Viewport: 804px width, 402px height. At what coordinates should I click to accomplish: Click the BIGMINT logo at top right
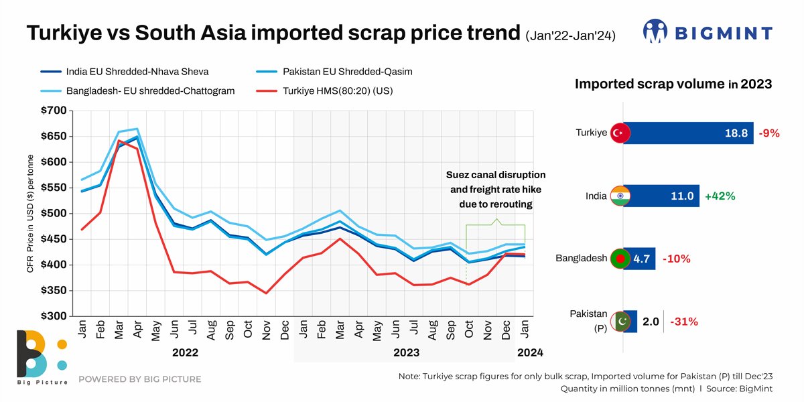point(708,31)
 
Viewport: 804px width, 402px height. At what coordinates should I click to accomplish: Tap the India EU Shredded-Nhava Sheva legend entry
point(138,71)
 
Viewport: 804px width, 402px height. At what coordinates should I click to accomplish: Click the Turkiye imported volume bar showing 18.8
point(688,133)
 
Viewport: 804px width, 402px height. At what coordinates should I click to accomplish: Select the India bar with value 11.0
point(661,196)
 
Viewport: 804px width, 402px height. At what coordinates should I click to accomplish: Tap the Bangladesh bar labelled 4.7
point(639,259)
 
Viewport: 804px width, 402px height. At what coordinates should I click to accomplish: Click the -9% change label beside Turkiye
point(769,133)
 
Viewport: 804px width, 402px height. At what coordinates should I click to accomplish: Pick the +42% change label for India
point(720,196)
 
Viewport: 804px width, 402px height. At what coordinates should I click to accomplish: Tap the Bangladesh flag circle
point(618,259)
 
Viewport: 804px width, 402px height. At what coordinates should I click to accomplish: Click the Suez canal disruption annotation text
point(496,189)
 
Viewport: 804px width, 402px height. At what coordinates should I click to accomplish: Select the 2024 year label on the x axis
point(529,352)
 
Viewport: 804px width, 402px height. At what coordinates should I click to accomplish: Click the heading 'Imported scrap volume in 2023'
point(673,84)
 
